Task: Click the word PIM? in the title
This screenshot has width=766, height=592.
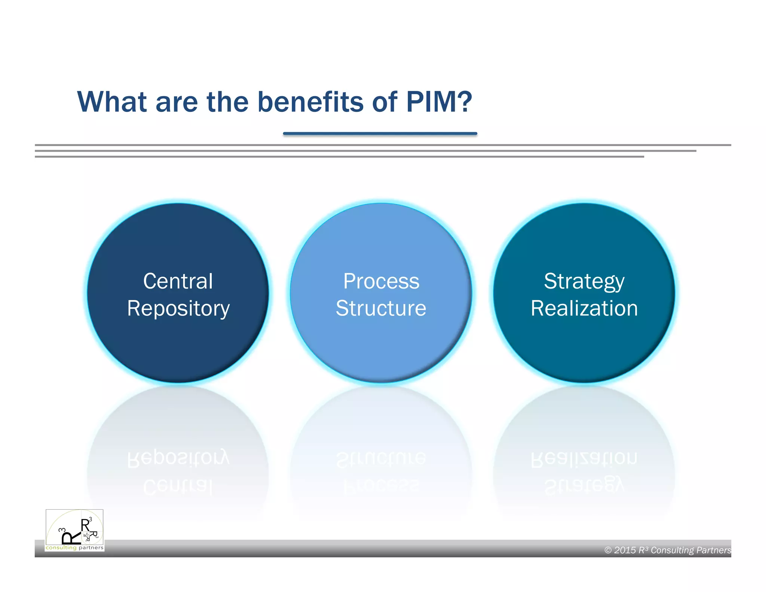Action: [x=439, y=102]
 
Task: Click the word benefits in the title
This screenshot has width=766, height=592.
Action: [x=310, y=102]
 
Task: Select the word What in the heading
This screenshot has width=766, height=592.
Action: [x=112, y=102]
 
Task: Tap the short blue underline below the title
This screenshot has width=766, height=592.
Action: [x=380, y=133]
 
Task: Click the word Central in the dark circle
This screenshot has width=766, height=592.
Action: [x=178, y=281]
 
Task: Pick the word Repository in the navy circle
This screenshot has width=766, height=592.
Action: [x=178, y=309]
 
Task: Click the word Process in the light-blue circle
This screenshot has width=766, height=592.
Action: [x=381, y=281]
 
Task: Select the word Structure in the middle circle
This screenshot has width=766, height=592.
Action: [x=381, y=309]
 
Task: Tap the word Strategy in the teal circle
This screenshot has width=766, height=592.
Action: [x=584, y=281]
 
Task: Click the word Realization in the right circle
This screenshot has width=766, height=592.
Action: [x=584, y=309]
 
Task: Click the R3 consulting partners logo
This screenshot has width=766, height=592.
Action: [x=74, y=530]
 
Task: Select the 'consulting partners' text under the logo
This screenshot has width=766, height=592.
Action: [x=74, y=548]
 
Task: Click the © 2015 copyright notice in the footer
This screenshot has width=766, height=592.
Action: [x=667, y=550]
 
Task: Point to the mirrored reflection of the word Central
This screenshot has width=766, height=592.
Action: [x=178, y=486]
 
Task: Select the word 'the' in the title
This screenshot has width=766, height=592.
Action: [x=227, y=102]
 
